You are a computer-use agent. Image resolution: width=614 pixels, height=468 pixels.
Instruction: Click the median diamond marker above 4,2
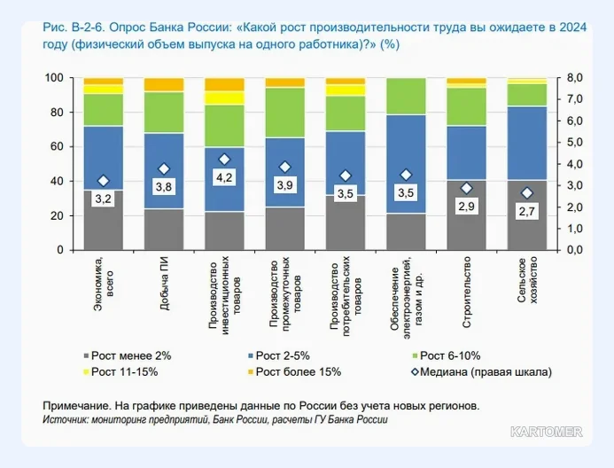(224, 160)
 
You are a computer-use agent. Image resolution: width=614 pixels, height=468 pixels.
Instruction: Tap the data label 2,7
(526, 212)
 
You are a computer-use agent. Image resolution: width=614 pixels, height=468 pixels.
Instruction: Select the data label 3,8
(164, 187)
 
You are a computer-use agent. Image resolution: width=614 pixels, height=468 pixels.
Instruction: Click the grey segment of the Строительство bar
(466, 215)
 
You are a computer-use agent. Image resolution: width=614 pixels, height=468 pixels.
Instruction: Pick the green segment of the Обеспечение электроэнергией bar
(406, 97)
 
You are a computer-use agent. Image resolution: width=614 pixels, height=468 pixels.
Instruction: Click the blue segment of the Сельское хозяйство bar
(527, 144)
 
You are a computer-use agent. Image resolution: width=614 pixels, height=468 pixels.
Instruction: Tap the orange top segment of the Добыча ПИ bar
(164, 84)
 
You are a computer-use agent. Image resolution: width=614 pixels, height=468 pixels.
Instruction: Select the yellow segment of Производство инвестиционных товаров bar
(225, 97)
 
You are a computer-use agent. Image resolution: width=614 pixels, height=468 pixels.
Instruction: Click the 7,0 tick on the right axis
(575, 99)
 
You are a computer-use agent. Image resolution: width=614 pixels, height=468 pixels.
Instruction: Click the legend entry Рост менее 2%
(128, 355)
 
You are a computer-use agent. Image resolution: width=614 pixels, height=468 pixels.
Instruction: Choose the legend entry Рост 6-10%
(447, 355)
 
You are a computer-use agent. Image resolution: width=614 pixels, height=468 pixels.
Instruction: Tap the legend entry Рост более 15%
(294, 371)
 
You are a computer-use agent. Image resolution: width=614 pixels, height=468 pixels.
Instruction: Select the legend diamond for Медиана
(415, 371)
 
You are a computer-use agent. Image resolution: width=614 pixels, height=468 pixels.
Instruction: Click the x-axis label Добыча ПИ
(165, 283)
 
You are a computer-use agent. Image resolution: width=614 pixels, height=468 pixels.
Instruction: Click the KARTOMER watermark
(547, 432)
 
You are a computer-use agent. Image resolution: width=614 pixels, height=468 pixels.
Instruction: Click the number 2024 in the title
(573, 27)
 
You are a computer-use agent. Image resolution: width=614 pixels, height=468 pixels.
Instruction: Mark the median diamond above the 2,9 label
(466, 189)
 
